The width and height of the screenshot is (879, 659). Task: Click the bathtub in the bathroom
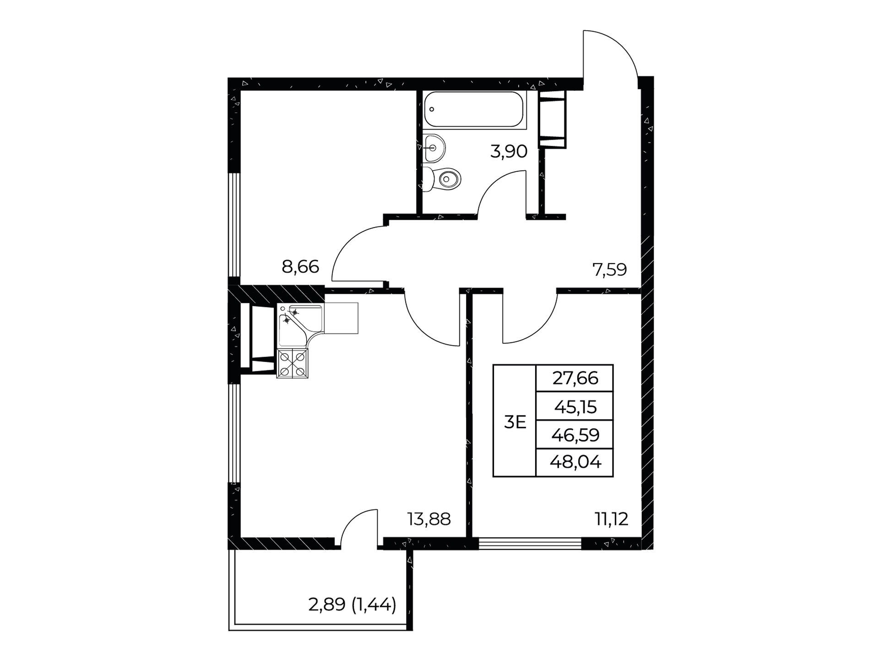click(x=473, y=109)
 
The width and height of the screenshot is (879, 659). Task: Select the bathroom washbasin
click(x=434, y=148)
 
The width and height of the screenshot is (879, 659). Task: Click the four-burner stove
click(x=293, y=363)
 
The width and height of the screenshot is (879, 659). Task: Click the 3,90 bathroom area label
click(x=509, y=151)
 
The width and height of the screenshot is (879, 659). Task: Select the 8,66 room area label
click(x=300, y=266)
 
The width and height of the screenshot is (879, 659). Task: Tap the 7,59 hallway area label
click(x=610, y=270)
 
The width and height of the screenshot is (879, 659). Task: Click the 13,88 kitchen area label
click(x=429, y=519)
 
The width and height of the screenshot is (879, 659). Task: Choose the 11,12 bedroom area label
click(x=612, y=519)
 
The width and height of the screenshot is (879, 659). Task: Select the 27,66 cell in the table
click(x=575, y=378)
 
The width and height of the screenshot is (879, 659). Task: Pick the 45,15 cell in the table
click(x=575, y=406)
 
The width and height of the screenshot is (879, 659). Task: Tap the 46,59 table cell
click(x=575, y=434)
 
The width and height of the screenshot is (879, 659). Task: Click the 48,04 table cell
click(x=575, y=463)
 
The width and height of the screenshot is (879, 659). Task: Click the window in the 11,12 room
click(x=530, y=543)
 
